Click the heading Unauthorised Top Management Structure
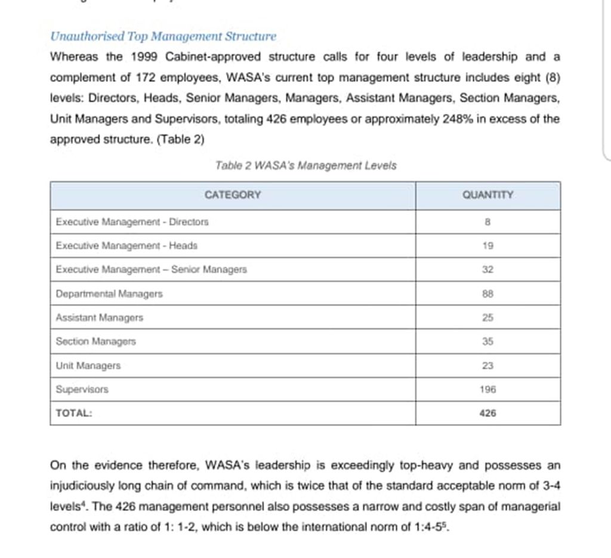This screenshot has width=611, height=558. pos(163,36)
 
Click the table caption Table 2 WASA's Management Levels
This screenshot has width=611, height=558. pos(305,165)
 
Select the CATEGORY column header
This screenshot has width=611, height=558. pos(233,195)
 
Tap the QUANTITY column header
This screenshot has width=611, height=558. pos(487,195)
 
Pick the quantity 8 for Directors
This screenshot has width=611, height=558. pos(487,222)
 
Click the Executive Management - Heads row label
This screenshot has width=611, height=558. pos(126,245)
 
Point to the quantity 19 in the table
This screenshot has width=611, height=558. pos(487,245)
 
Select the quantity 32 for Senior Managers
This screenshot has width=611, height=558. pos(487,270)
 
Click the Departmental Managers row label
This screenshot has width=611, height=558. pos(109,294)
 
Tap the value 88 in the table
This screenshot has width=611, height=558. pos(487,294)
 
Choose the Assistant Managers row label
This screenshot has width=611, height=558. pos(100,317)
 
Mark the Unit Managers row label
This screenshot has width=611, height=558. pos(88,365)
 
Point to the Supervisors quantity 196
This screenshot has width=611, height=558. pos(487,389)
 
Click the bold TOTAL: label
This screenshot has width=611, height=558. pos(74,412)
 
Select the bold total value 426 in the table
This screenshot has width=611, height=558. pos(487,412)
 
